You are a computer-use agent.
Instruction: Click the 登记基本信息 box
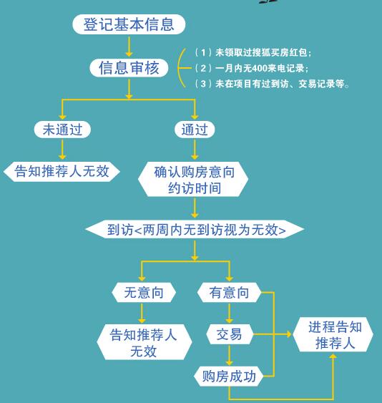click(x=129, y=24)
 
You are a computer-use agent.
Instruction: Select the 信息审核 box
click(x=129, y=68)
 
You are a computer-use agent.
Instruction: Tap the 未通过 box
click(x=62, y=130)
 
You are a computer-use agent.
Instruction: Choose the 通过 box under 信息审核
click(x=195, y=130)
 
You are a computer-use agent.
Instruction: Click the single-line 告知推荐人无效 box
click(x=62, y=171)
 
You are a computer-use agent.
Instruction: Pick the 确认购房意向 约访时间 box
click(x=193, y=180)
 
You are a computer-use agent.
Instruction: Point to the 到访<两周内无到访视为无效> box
click(x=195, y=229)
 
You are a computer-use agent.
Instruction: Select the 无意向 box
click(x=144, y=293)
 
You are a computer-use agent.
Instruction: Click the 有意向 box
click(x=229, y=293)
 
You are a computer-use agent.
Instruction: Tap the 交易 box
click(x=230, y=334)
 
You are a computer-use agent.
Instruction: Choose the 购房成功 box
click(x=229, y=377)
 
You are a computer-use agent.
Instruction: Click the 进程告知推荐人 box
click(x=333, y=334)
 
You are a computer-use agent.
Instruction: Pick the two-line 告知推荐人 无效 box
click(x=145, y=342)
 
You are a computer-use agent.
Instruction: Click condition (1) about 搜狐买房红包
click(x=253, y=53)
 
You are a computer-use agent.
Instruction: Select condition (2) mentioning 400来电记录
click(x=251, y=68)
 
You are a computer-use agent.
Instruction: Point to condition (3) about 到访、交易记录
click(x=272, y=84)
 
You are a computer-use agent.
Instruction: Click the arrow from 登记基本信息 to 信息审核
click(x=129, y=47)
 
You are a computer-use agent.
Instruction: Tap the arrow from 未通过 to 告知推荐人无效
click(x=62, y=150)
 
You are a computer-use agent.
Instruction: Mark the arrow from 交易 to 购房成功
click(x=230, y=355)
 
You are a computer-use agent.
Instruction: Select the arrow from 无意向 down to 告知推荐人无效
click(x=142, y=313)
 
